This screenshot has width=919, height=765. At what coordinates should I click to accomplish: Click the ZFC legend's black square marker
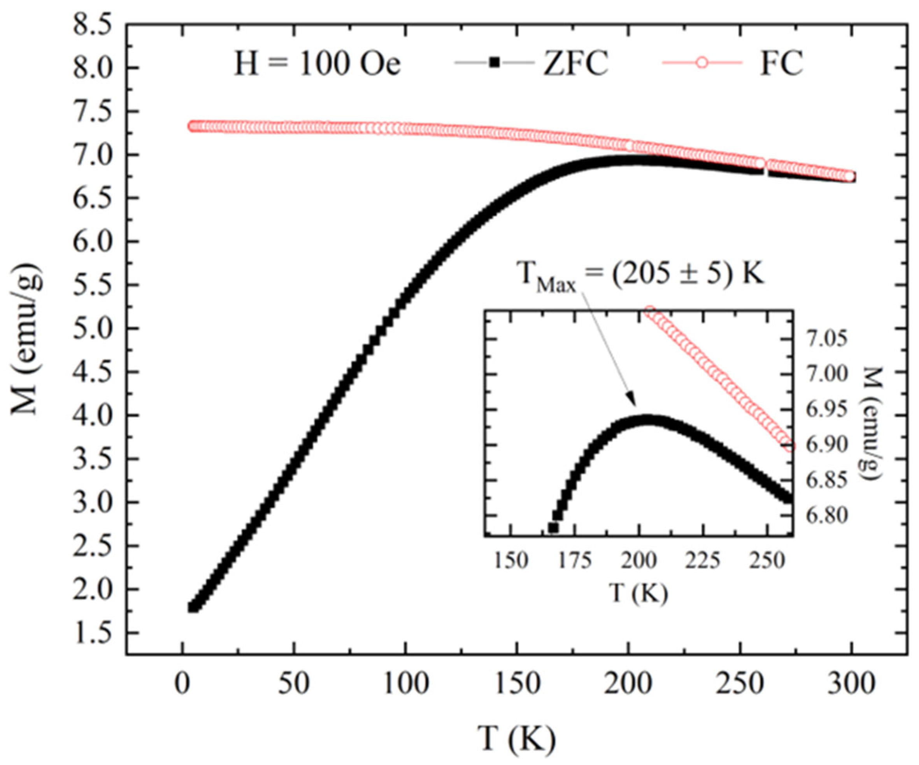click(x=495, y=63)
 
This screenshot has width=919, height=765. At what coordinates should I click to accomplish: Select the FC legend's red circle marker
click(x=702, y=63)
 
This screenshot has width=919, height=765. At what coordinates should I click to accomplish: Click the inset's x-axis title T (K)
click(x=639, y=593)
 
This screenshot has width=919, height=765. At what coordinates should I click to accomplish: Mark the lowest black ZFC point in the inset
click(x=553, y=527)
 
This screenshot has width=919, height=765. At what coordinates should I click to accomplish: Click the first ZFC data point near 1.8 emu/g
click(x=192, y=607)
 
